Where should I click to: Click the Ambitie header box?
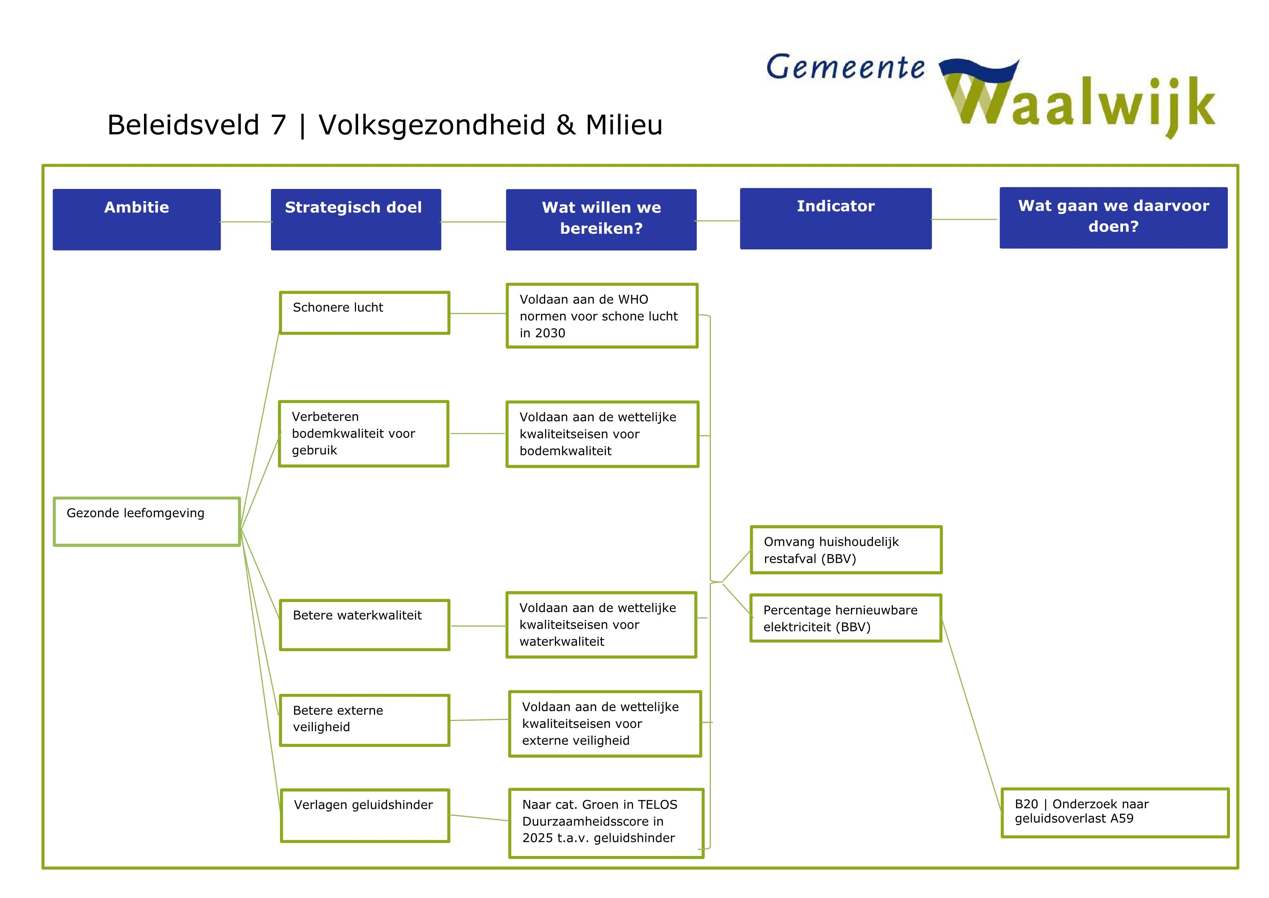click(136, 220)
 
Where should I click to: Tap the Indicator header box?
click(835, 218)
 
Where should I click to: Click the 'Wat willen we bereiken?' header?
click(601, 220)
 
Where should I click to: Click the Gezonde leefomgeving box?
click(147, 522)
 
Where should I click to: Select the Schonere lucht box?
click(364, 312)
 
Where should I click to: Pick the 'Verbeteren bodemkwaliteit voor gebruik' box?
click(363, 434)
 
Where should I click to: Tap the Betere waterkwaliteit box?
click(364, 625)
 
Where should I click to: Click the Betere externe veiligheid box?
click(364, 720)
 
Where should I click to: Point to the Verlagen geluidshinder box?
click(365, 815)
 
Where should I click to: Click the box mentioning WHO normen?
click(602, 316)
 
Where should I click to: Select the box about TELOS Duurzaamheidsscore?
click(606, 823)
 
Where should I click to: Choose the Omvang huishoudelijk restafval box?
click(846, 550)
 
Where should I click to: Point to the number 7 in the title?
click(278, 125)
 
